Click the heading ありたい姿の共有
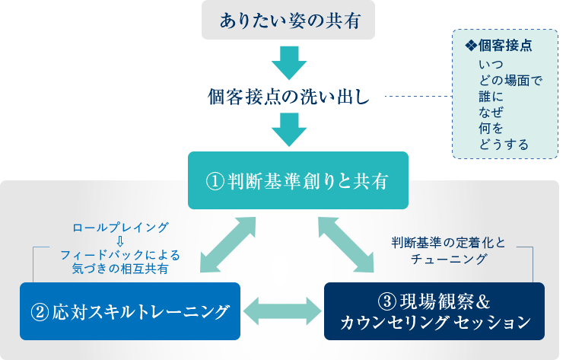289,21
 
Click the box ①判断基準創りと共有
297,182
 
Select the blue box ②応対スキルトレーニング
130,311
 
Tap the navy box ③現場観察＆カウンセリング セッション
434,311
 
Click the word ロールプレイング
119,228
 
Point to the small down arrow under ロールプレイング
119,241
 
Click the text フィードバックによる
119,255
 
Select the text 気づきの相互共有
119,269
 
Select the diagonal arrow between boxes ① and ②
227,244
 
